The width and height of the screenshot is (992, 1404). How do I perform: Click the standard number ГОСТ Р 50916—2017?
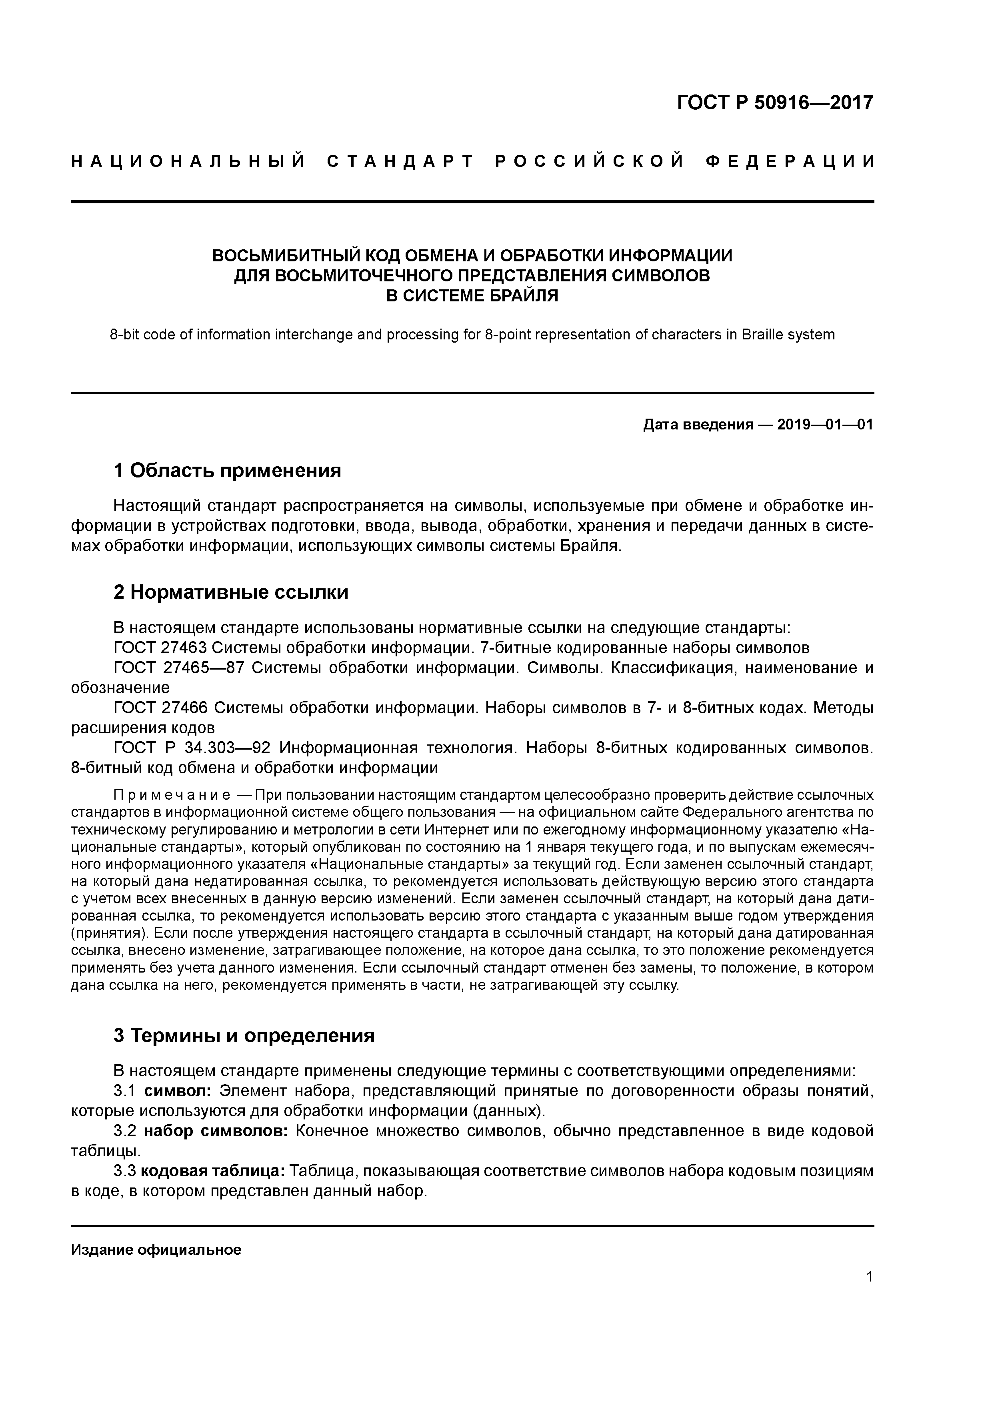pyautogui.click(x=775, y=103)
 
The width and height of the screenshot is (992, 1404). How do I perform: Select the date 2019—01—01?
pyautogui.click(x=825, y=424)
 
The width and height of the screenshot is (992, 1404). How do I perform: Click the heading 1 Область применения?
pyautogui.click(x=227, y=470)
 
